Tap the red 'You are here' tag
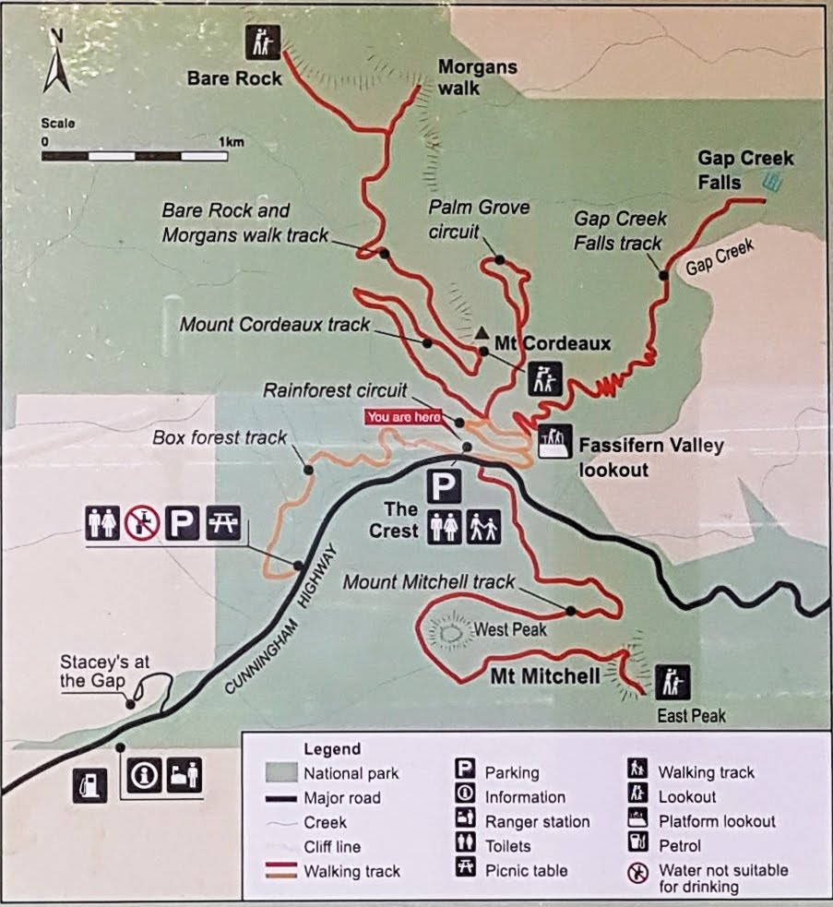(404, 416)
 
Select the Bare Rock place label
(234, 78)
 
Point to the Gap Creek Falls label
(744, 170)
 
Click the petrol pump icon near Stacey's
(90, 785)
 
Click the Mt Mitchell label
(544, 675)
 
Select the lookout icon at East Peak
(672, 681)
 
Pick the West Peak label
(510, 631)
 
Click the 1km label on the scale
(231, 142)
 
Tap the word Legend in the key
(331, 749)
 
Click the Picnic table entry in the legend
(526, 869)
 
